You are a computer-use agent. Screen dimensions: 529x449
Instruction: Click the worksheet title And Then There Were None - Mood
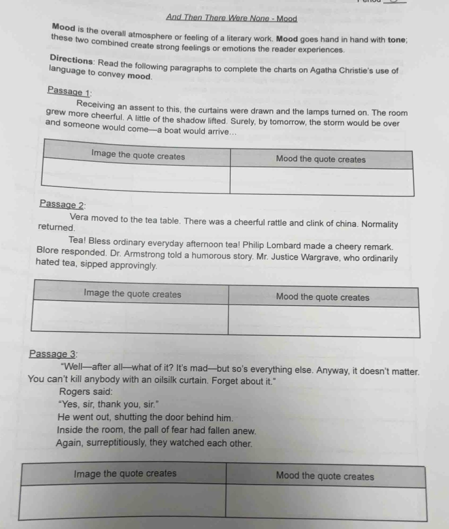point(231,18)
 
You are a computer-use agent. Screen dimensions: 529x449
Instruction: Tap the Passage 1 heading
point(69,90)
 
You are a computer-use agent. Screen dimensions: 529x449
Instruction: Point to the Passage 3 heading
point(53,354)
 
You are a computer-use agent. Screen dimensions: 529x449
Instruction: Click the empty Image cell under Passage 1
point(136,180)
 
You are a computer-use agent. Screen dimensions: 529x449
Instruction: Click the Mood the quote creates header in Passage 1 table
point(321,160)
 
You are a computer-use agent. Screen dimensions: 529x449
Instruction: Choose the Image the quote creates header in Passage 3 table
point(125,474)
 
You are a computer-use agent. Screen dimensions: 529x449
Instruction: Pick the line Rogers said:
point(86,392)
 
